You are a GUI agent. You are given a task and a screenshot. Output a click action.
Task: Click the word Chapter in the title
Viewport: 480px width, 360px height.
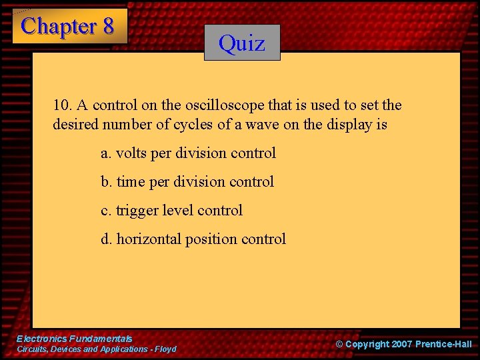click(59, 27)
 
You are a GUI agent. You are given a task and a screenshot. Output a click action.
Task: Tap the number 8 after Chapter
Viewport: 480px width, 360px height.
click(107, 27)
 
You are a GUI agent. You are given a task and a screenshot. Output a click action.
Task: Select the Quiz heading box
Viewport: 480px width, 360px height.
click(242, 43)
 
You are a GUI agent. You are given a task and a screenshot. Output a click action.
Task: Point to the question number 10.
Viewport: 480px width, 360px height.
click(62, 105)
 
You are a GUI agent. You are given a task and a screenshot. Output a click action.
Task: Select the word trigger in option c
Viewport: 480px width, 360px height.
click(135, 211)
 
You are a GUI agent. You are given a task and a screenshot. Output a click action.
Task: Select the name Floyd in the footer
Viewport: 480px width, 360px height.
click(165, 349)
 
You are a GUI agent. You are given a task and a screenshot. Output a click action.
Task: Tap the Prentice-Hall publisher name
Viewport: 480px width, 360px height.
click(443, 344)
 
